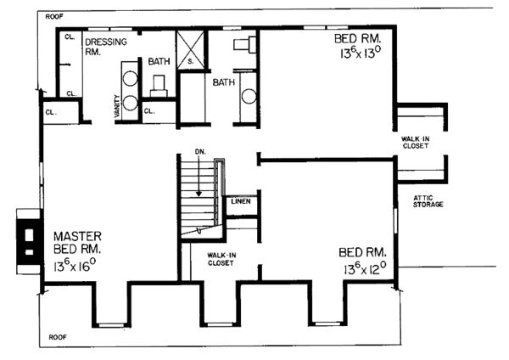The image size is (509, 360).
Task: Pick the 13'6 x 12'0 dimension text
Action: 365,271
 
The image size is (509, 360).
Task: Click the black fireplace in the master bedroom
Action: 27,237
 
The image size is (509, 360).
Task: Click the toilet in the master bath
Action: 159,83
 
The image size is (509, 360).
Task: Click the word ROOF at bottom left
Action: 58,335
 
